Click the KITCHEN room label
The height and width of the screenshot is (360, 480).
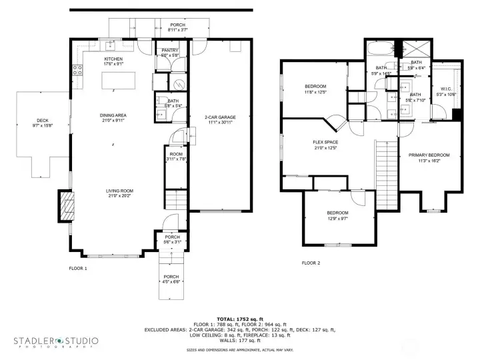coord(113,59)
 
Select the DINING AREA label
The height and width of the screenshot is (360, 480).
coord(113,115)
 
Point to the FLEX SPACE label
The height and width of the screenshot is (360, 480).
coord(326,143)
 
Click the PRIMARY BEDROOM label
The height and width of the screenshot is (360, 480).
coord(429,155)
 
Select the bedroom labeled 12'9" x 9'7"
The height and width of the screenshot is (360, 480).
coord(337,213)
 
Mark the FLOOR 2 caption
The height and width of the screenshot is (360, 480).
coord(311,263)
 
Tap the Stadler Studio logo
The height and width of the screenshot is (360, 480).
coord(56,342)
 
